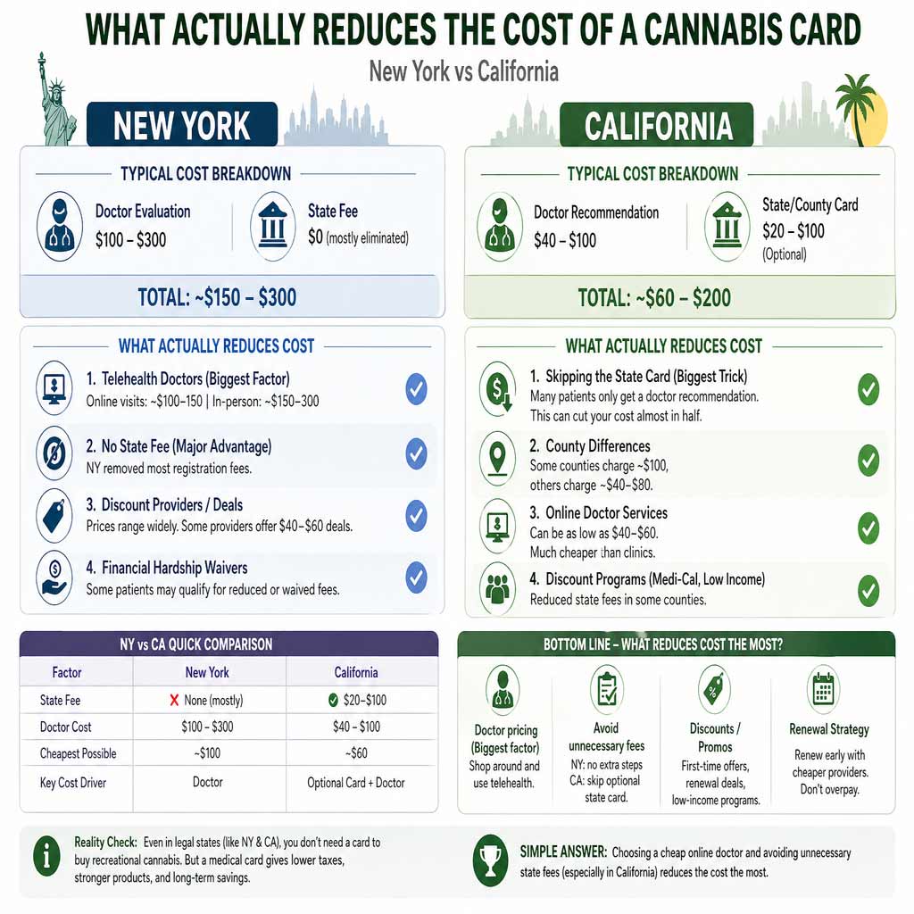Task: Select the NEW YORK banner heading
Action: (x=181, y=125)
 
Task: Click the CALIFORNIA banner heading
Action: (x=657, y=125)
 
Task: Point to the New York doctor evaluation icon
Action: (x=61, y=225)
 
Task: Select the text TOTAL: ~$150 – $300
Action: (x=217, y=296)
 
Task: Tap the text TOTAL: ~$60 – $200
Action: (x=654, y=296)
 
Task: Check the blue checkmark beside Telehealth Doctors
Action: (x=416, y=389)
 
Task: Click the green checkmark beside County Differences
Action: (x=868, y=460)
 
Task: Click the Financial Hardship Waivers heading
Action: (x=174, y=568)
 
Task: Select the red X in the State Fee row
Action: (x=174, y=701)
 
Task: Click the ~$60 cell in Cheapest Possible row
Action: (x=355, y=753)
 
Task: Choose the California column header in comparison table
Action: (x=355, y=672)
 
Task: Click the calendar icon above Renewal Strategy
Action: (x=822, y=689)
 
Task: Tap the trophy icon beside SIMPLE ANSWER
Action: (x=490, y=860)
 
